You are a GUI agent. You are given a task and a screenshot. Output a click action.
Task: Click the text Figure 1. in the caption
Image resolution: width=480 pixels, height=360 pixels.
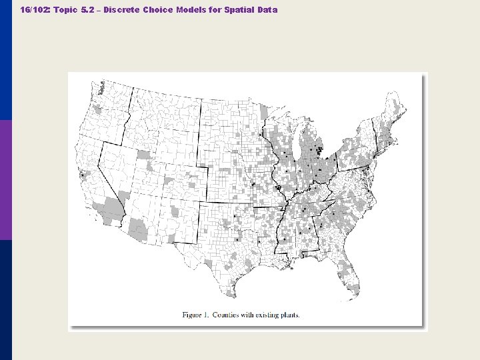[x=198, y=315]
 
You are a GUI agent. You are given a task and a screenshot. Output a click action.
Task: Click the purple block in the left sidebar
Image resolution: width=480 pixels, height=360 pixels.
[x=6, y=180]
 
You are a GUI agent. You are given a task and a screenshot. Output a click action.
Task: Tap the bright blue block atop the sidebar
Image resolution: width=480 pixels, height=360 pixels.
[x=6, y=60]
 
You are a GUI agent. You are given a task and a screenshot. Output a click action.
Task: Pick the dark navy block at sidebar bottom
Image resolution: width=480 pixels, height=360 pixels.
[x=6, y=300]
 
